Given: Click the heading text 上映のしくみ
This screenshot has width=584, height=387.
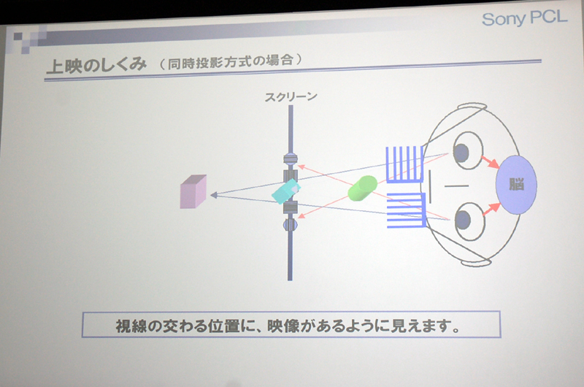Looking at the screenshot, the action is pyautogui.click(x=96, y=65).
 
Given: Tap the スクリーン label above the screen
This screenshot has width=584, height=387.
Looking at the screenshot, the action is pyautogui.click(x=291, y=97).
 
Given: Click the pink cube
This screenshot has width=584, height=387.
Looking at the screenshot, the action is pyautogui.click(x=193, y=191).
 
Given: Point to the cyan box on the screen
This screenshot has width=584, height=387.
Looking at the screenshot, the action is pyautogui.click(x=285, y=191).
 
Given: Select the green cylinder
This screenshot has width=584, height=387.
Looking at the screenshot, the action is pyautogui.click(x=362, y=188).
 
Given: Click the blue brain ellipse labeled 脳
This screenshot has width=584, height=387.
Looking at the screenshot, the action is pyautogui.click(x=516, y=185).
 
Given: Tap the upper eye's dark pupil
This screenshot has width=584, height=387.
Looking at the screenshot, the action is pyautogui.click(x=461, y=153).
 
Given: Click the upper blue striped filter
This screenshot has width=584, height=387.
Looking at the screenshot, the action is pyautogui.click(x=405, y=164).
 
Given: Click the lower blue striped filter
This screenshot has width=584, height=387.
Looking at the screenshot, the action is pyautogui.click(x=407, y=210).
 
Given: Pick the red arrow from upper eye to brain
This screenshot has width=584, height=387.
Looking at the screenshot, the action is pyautogui.click(x=490, y=162).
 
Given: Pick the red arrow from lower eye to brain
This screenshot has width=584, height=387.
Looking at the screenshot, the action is pyautogui.click(x=491, y=210).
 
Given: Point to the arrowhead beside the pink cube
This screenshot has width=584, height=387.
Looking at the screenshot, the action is pyautogui.click(x=214, y=194).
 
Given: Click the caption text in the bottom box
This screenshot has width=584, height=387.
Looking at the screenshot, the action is pyautogui.click(x=288, y=326).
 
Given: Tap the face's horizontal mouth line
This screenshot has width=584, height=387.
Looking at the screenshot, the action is pyautogui.click(x=457, y=185).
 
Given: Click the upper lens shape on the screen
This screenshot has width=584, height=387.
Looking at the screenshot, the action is pyautogui.click(x=291, y=159).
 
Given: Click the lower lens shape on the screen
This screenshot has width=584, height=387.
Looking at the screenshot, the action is pyautogui.click(x=290, y=225).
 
